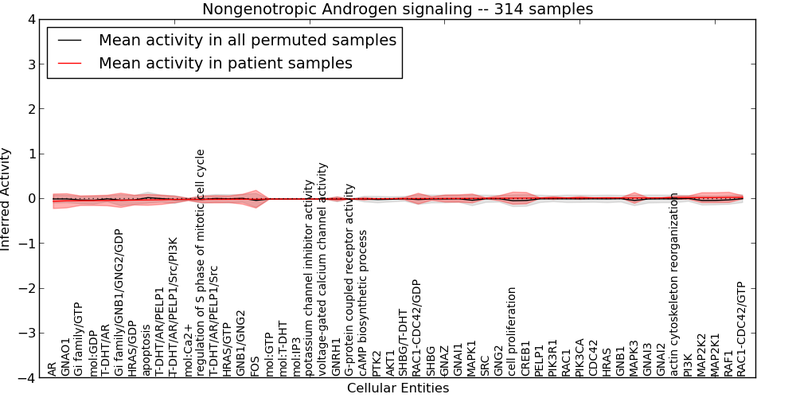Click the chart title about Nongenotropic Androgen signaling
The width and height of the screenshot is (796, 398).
[397, 10]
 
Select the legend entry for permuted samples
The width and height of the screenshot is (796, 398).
[247, 40]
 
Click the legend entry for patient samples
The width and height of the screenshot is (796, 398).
[225, 63]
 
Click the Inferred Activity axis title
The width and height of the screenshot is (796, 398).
[6, 199]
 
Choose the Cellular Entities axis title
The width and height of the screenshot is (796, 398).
[397, 388]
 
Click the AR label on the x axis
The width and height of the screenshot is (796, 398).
[53, 369]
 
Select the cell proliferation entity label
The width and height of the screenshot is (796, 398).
[512, 331]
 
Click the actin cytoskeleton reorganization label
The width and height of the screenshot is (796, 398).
[673, 284]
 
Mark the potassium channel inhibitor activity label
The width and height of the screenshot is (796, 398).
[309, 277]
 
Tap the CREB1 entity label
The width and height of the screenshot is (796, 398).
[525, 358]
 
